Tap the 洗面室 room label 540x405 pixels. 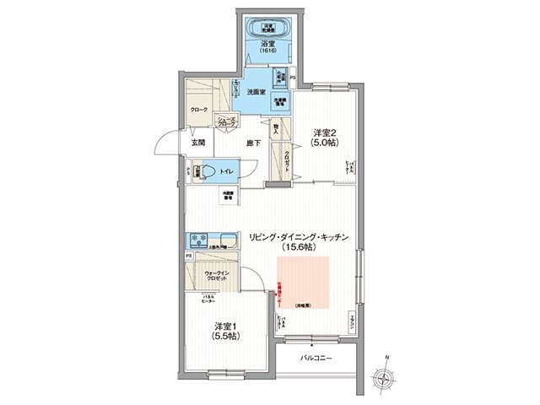(x=257, y=91)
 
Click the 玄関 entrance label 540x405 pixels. (x=197, y=143)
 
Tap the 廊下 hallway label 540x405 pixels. (x=253, y=143)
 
